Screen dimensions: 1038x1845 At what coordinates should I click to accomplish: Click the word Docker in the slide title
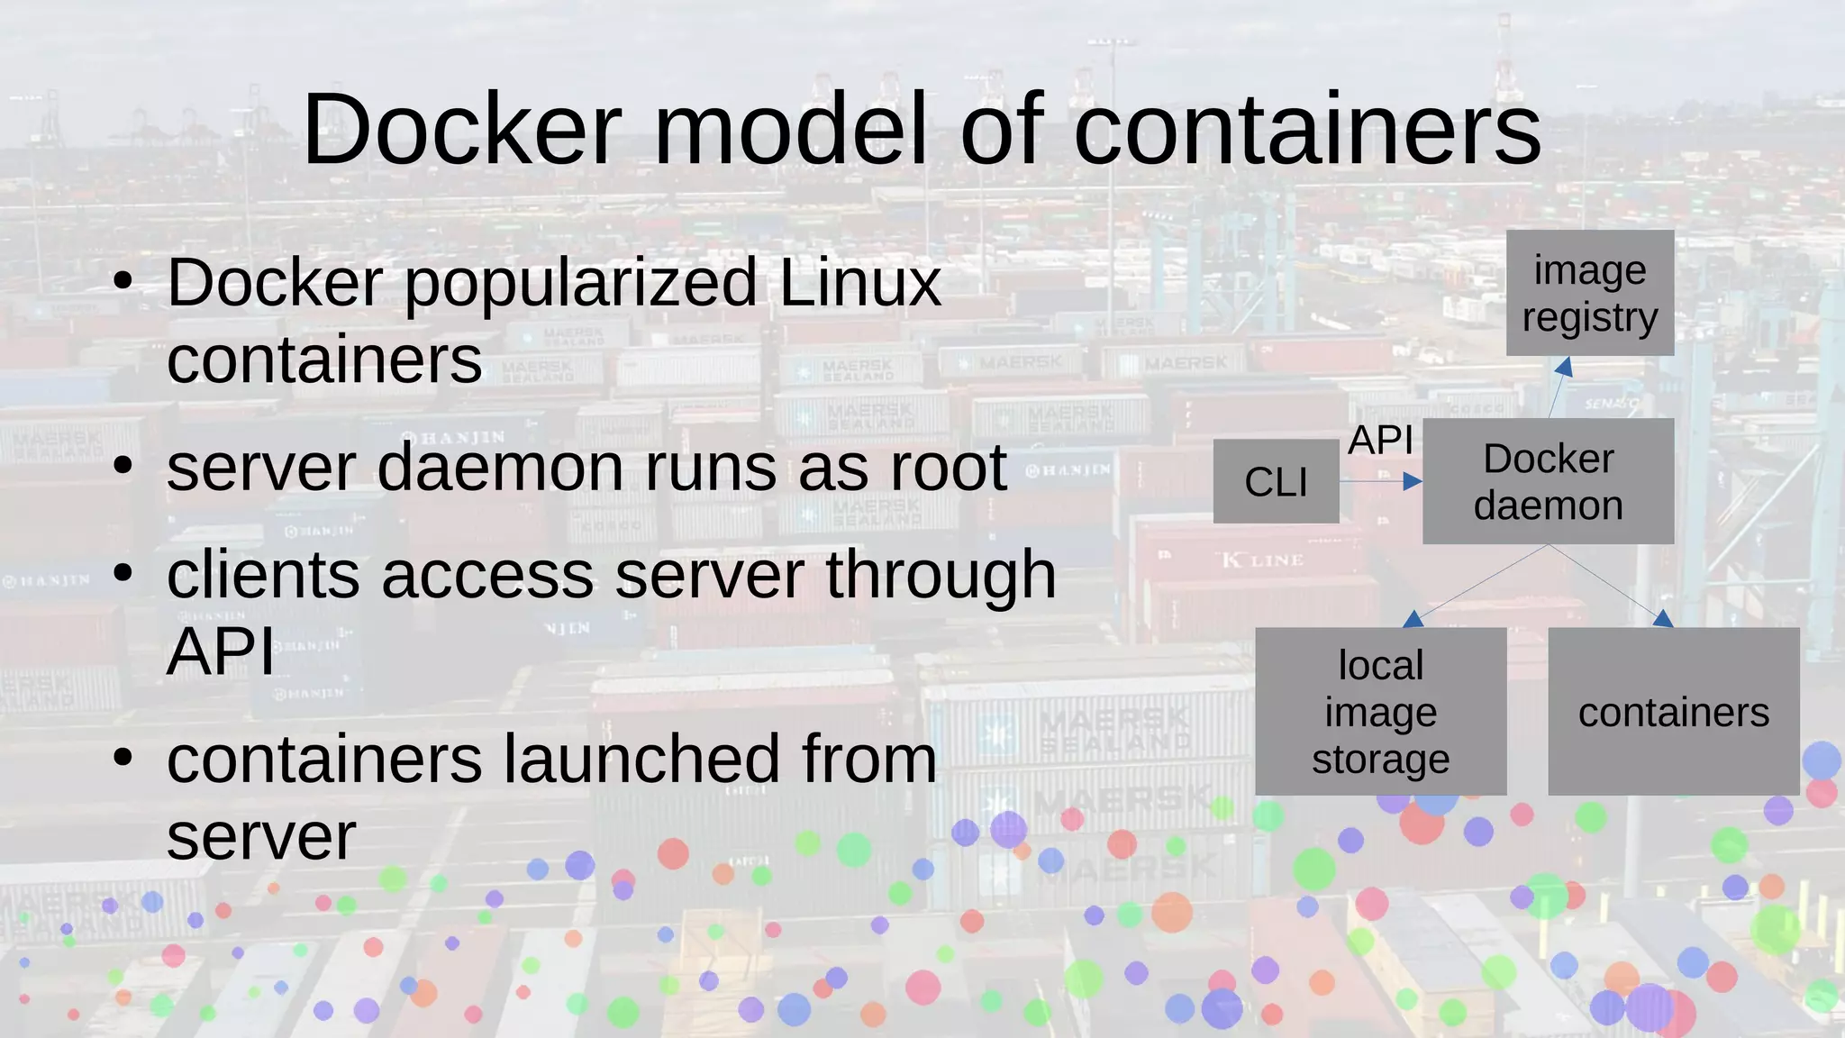click(461, 130)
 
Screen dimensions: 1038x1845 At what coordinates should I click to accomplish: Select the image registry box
click(1589, 293)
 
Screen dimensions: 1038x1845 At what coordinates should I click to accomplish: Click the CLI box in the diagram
click(1276, 481)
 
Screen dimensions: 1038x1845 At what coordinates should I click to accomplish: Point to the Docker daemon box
click(1548, 481)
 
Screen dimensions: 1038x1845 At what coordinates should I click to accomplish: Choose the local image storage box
click(1380, 712)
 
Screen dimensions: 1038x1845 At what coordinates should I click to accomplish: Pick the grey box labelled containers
click(1673, 712)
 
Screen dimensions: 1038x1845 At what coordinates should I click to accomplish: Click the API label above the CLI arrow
click(1380, 441)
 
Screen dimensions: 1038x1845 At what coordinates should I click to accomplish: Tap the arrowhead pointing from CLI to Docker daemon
click(1413, 482)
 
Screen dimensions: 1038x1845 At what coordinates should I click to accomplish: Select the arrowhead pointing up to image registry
click(1565, 367)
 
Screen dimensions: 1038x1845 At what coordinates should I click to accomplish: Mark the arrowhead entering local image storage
click(1413, 619)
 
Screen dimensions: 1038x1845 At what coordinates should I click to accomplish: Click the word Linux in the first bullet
click(859, 283)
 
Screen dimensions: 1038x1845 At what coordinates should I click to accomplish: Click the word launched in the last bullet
click(641, 759)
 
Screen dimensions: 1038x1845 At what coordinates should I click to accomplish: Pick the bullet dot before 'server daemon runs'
click(123, 467)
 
